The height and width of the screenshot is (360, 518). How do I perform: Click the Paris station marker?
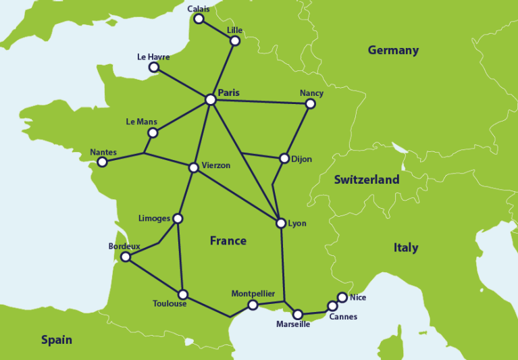tap(211, 100)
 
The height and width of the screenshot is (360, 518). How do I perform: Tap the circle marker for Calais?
tap(199, 19)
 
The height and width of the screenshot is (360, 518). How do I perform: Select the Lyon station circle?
tap(281, 223)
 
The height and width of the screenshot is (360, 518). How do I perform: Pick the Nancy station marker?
tap(310, 104)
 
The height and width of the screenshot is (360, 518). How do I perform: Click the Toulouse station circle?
tap(182, 294)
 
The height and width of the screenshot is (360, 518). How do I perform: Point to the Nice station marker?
tap(342, 297)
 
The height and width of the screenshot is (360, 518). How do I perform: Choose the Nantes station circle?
tap(102, 162)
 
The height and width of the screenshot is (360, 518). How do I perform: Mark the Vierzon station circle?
tap(194, 167)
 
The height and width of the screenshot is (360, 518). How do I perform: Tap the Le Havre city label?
tap(153, 57)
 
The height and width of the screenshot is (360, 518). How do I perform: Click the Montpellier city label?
tap(253, 294)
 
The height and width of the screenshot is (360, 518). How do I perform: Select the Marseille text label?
tap(293, 324)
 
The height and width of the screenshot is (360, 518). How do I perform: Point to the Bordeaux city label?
tap(124, 247)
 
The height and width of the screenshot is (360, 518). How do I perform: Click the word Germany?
tap(393, 51)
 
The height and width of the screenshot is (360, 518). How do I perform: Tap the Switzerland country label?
tap(366, 180)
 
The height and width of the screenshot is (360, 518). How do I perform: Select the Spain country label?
tap(56, 340)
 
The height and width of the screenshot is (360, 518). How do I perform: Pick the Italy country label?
tap(406, 248)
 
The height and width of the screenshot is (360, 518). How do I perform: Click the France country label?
tap(228, 240)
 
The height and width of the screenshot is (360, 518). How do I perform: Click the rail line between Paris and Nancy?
tap(260, 102)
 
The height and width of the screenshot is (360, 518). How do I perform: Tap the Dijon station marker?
tap(284, 159)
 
